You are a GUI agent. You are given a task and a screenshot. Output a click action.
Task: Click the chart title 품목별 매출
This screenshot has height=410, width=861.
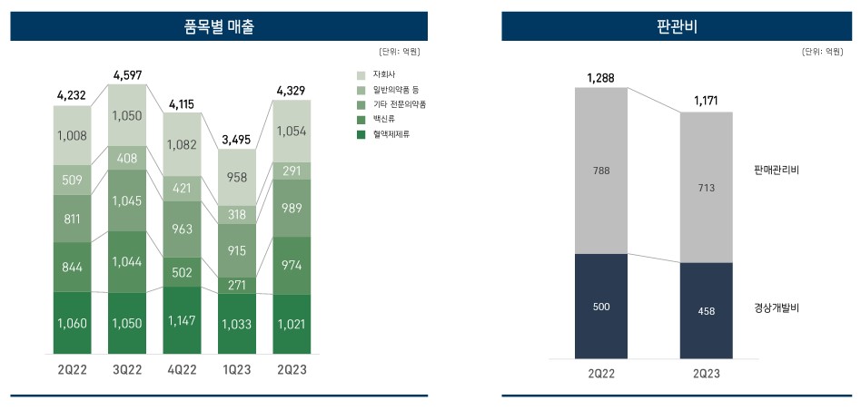[x=219, y=26]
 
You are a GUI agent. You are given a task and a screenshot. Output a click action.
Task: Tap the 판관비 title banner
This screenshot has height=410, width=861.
[x=676, y=26]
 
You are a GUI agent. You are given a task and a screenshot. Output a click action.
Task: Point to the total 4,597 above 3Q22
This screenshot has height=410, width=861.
[x=127, y=74]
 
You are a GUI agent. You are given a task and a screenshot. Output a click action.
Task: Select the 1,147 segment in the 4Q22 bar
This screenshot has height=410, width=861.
[x=183, y=321]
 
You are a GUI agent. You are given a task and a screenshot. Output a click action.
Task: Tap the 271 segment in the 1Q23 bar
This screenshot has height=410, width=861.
[x=237, y=285]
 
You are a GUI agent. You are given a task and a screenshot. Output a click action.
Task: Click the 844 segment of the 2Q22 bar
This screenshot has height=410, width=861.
[x=73, y=267]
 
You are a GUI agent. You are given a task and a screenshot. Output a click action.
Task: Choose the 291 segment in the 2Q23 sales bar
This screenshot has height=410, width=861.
[x=292, y=171]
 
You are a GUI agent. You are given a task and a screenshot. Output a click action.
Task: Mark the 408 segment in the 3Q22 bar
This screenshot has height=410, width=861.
[x=127, y=159]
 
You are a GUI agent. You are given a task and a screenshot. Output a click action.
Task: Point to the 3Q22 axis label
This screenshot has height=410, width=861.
[x=127, y=370]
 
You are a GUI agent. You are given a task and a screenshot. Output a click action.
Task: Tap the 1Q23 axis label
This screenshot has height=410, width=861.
[x=237, y=370]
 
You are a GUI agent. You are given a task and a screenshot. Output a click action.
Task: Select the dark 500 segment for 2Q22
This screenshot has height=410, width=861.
[x=600, y=307]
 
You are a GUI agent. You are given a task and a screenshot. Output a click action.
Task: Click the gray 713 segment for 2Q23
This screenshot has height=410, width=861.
[x=707, y=188]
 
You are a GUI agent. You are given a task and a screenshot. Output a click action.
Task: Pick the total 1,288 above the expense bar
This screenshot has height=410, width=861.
[x=600, y=78]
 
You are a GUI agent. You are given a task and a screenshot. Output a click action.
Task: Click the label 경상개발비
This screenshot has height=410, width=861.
[x=777, y=307]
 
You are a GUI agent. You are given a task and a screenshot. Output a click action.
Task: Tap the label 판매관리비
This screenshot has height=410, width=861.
[x=777, y=170]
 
